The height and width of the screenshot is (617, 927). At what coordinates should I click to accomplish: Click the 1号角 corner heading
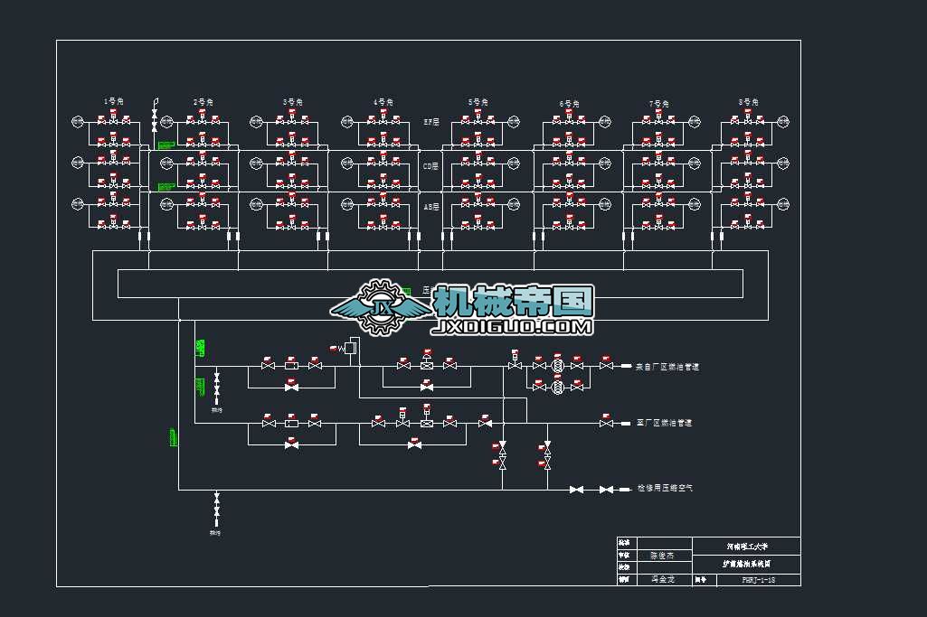click(x=113, y=100)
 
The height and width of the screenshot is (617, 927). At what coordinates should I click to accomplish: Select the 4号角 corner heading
click(x=383, y=101)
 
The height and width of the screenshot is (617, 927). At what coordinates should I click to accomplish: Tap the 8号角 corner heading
click(x=747, y=102)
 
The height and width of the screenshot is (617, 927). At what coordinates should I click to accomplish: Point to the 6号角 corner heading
click(x=568, y=103)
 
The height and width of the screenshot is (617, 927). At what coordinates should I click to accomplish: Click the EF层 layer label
click(x=431, y=121)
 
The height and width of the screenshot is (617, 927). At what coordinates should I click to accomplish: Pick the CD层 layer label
click(x=431, y=166)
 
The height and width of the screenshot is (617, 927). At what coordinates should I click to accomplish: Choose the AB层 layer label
click(x=431, y=206)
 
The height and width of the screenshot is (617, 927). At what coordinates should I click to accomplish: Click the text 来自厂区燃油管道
click(x=667, y=367)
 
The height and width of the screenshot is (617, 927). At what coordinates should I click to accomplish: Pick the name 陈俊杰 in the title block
click(x=663, y=556)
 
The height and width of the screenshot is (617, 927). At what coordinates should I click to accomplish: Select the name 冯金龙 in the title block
click(x=663, y=579)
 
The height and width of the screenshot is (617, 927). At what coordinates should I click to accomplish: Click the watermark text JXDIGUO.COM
click(x=514, y=326)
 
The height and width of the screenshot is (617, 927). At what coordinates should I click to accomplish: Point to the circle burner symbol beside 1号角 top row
click(x=78, y=121)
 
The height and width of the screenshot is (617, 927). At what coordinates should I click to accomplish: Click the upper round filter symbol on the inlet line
click(x=558, y=365)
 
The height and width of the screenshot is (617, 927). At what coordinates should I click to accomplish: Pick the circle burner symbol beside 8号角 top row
click(x=783, y=122)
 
